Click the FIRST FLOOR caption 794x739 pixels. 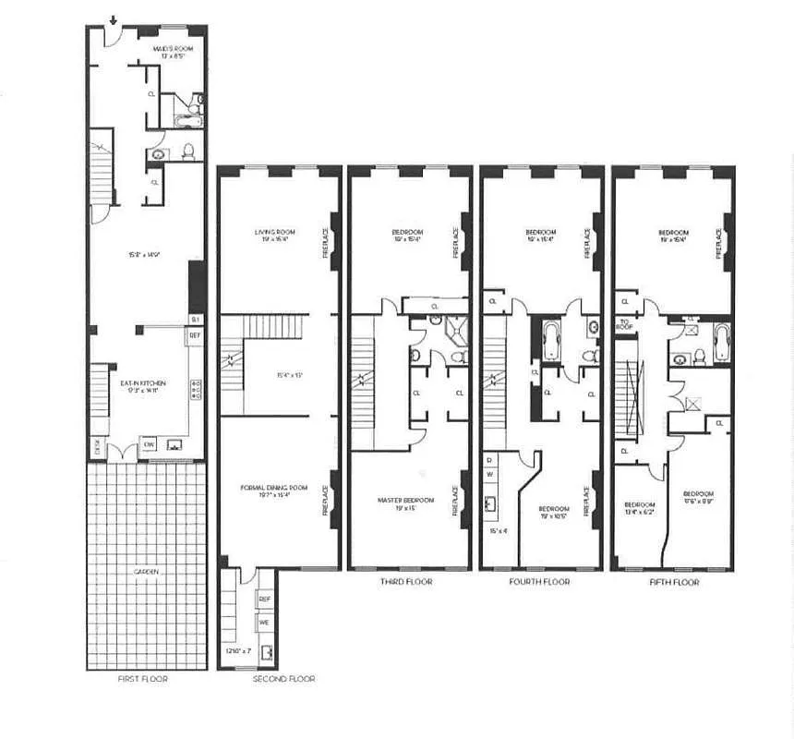coord(144,679)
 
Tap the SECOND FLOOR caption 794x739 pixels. coord(283,679)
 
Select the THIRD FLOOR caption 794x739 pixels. coord(405,583)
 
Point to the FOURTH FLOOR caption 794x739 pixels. coord(539,583)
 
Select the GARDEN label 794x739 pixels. coord(146,572)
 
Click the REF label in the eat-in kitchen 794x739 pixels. coord(195,335)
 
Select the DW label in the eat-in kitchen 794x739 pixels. coord(149,443)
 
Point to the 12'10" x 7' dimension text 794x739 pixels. coord(237,652)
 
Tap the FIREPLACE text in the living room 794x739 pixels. coord(325,243)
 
